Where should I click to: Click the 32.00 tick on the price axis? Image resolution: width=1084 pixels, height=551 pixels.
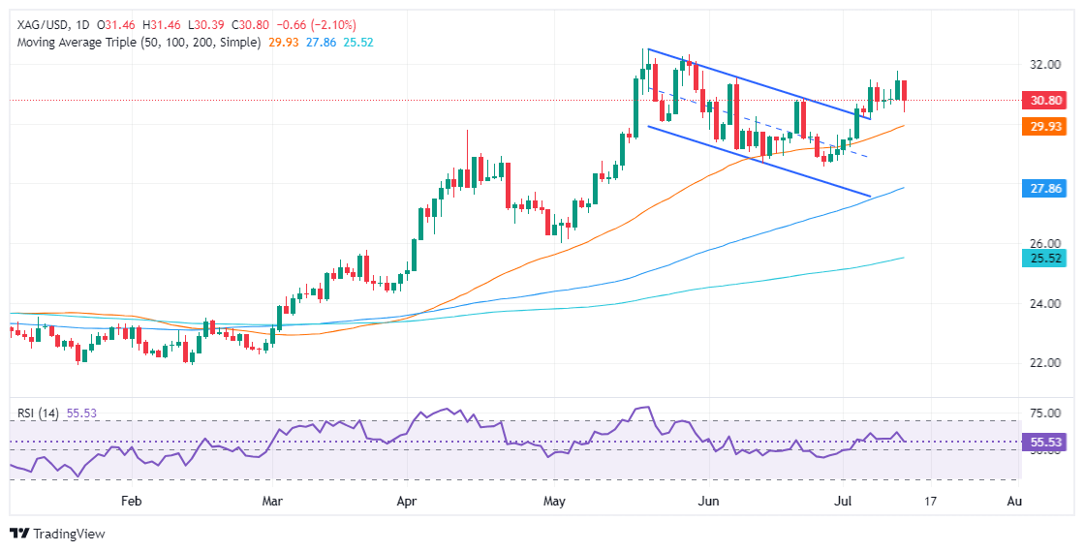click(x=1042, y=64)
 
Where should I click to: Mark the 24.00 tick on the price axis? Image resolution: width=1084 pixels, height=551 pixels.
click(x=1042, y=303)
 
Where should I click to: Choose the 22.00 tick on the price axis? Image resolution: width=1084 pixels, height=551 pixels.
click(x=1042, y=363)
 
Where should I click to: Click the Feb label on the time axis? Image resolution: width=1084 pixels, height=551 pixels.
click(x=132, y=502)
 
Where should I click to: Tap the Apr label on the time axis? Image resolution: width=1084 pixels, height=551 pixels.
click(x=408, y=502)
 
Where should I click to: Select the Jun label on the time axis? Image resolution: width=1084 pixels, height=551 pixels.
click(x=710, y=502)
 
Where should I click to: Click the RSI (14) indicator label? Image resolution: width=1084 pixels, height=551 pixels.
click(x=38, y=413)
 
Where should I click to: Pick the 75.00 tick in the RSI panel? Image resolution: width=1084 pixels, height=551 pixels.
click(x=1042, y=413)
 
